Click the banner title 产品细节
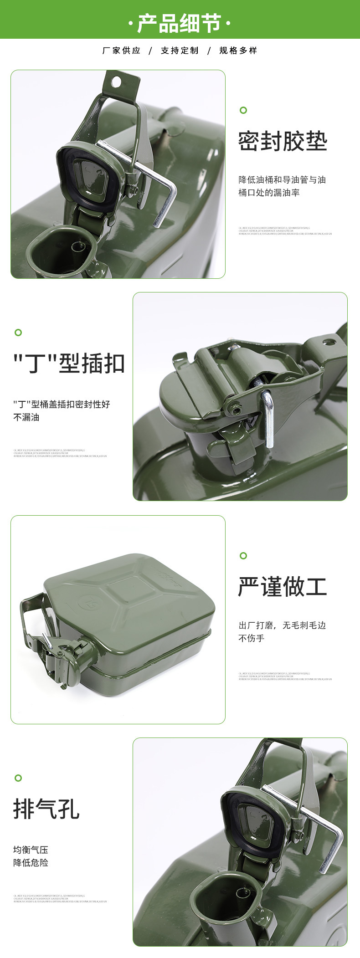(180, 23)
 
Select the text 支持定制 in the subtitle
(180, 51)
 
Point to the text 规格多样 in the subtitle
(238, 51)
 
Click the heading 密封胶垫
(283, 141)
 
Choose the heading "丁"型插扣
(69, 364)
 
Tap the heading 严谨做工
(283, 587)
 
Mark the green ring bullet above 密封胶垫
(243, 110)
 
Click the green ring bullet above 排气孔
(18, 778)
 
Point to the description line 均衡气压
(31, 850)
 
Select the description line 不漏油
(26, 417)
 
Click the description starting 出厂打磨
(282, 625)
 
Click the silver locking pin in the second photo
(268, 419)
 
